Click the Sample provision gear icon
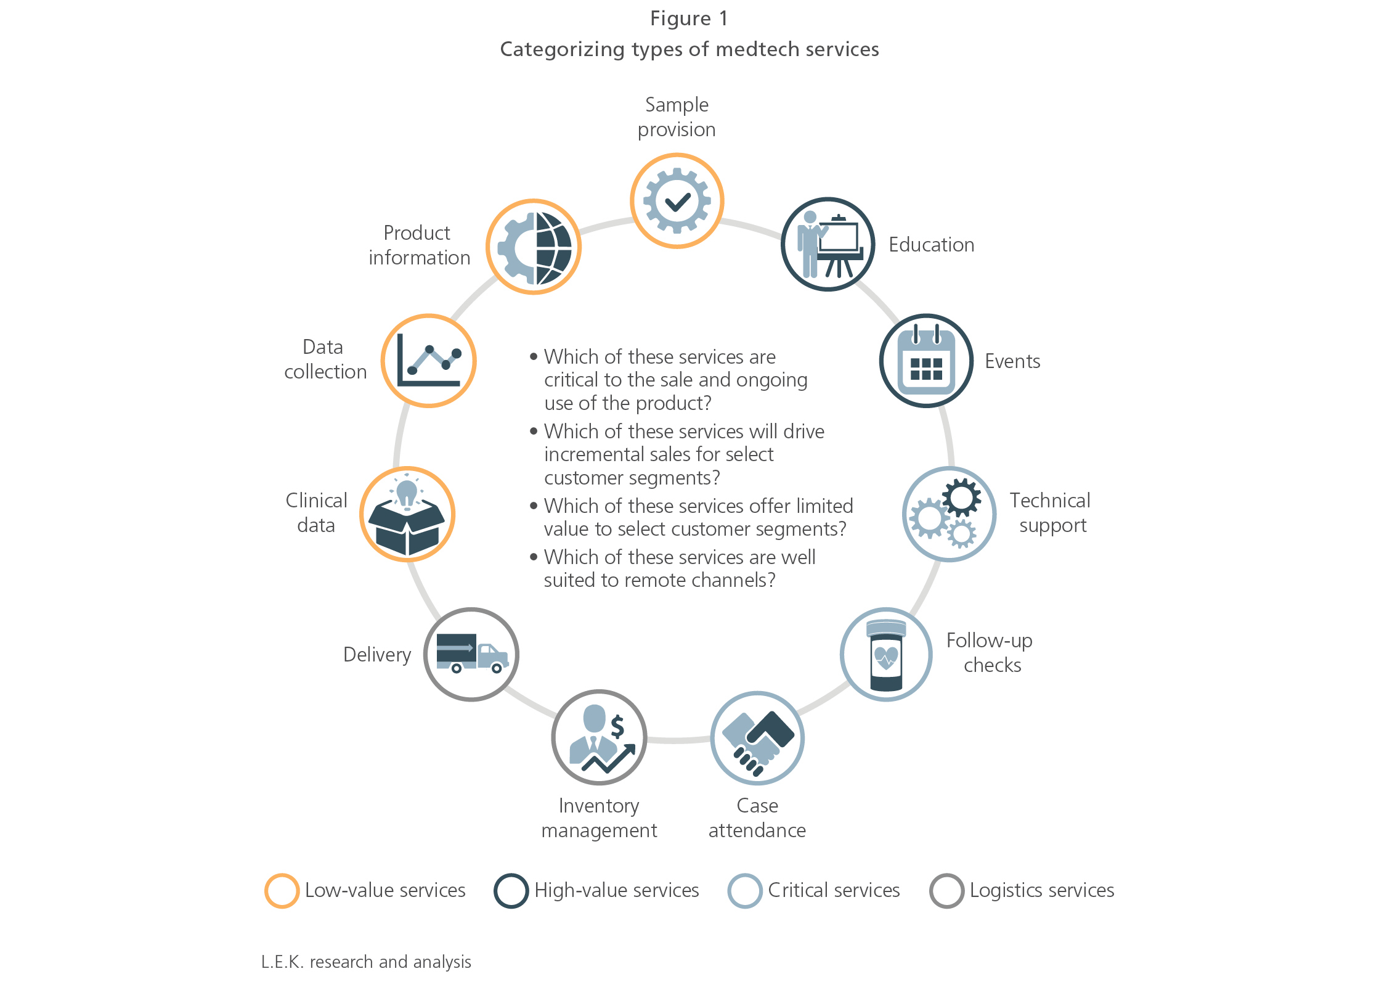click(677, 201)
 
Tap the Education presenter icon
click(828, 245)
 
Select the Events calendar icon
click(926, 361)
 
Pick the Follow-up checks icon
click(886, 655)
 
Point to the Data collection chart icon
click(429, 361)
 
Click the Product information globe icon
click(534, 247)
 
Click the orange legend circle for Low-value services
click(282, 891)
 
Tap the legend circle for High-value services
click(511, 891)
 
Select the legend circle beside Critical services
click(745, 891)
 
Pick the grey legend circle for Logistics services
click(946, 891)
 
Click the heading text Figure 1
click(689, 18)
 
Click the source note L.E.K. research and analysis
click(366, 962)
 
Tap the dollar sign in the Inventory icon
click(617, 727)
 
